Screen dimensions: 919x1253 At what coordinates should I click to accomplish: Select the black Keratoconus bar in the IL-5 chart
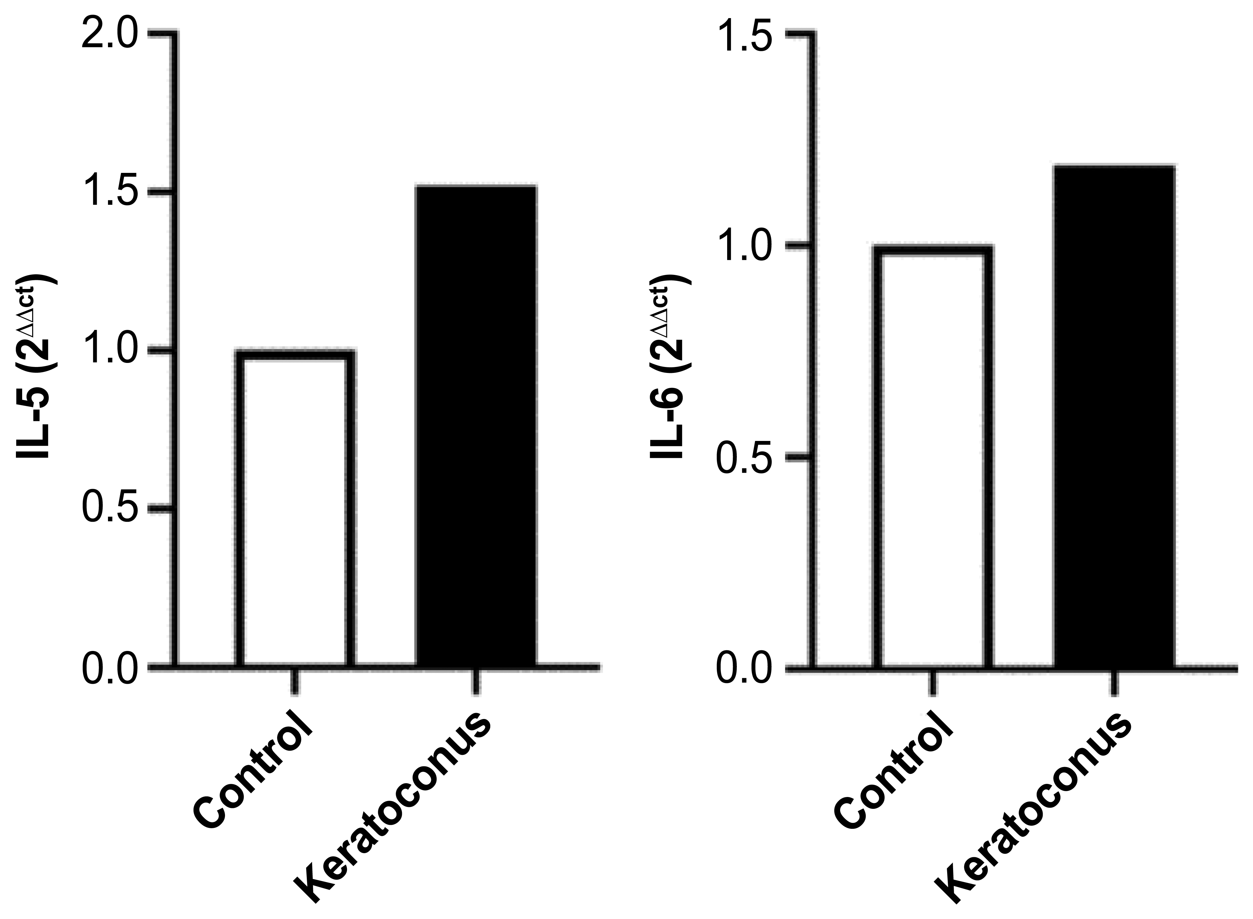(476, 426)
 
